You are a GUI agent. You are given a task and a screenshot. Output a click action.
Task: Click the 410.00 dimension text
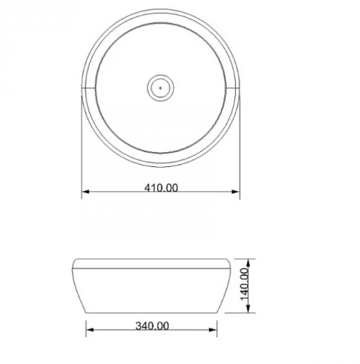click(x=161, y=188)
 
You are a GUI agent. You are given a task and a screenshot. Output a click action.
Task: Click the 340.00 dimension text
click(x=152, y=326)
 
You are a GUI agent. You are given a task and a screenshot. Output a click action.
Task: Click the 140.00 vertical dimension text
click(x=245, y=284)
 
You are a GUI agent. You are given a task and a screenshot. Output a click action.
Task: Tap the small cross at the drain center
click(x=160, y=88)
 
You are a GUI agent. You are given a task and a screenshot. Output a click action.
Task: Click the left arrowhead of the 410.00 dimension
click(x=85, y=192)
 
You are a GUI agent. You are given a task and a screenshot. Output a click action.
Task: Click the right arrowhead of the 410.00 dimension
click(x=236, y=192)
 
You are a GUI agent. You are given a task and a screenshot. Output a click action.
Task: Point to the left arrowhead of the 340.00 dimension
click(x=90, y=330)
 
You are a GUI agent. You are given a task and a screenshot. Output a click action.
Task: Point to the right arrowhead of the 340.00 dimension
click(x=213, y=330)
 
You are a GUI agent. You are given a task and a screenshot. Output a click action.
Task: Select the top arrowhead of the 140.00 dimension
click(x=248, y=263)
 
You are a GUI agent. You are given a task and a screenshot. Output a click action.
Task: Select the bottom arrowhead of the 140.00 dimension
click(x=248, y=309)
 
